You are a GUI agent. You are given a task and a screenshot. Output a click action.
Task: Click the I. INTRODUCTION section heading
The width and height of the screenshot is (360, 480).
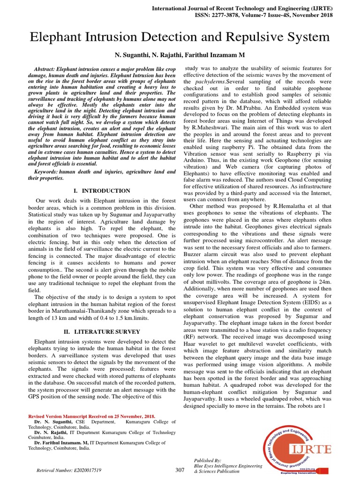click(x=102, y=191)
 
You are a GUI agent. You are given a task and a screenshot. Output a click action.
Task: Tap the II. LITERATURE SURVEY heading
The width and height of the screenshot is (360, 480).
click(x=102, y=332)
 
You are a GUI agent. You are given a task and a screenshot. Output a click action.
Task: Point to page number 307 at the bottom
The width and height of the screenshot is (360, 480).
click(x=180, y=470)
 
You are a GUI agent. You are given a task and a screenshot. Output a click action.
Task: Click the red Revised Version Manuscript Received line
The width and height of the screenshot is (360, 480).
click(x=92, y=416)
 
